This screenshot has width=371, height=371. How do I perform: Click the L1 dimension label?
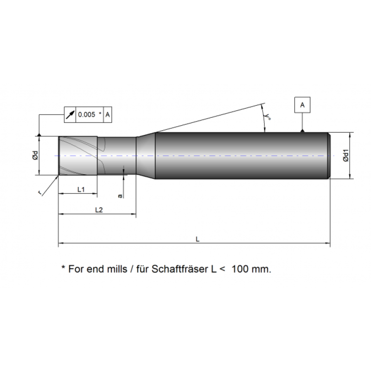coord(81,189)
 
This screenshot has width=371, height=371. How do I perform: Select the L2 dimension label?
coord(99,210)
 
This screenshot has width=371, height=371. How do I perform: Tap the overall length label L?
coord(198,239)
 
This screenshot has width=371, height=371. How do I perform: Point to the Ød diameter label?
coord(35,155)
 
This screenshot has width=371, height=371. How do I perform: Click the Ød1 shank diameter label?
coord(345,155)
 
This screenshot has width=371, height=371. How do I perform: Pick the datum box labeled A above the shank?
coord(302,105)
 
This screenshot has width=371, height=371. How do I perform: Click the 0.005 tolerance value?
coord(86,115)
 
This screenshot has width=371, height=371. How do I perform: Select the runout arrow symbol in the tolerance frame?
coord(70,115)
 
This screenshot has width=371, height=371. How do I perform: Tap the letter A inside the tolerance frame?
coord(108,115)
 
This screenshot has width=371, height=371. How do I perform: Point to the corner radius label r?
coord(40,193)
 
